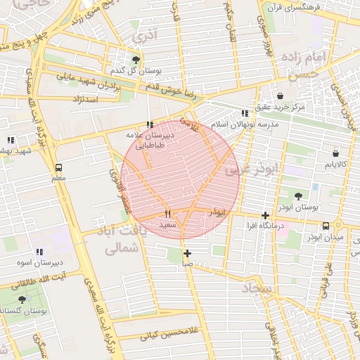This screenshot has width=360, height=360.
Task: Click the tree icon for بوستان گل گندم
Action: click(135, 60)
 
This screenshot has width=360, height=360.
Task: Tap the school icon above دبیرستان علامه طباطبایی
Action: click(149, 124)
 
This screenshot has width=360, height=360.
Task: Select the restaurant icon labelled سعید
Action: click(167, 214)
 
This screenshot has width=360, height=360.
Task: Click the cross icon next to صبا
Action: click(187, 253)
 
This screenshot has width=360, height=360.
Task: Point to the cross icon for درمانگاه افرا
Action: click(265, 215)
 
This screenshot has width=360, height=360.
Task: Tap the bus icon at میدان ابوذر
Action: click(326, 226)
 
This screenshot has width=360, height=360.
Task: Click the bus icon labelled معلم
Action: click(58, 168)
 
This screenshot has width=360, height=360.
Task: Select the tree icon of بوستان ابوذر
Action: click(298, 197)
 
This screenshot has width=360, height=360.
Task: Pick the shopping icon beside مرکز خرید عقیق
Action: click(281, 96)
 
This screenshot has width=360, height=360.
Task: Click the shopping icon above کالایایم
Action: click(335, 153)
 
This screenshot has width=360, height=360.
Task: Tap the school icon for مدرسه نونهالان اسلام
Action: click(244, 113)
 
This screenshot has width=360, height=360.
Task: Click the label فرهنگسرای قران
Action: click(290, 8)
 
